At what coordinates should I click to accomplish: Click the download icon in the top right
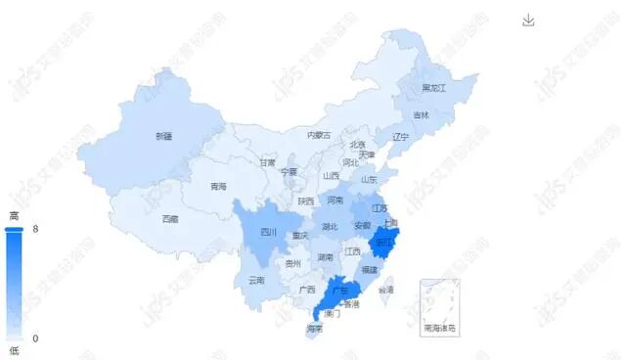[x=529, y=21]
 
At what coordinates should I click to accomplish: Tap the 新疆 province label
[x=164, y=137]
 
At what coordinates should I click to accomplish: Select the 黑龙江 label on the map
[x=433, y=88]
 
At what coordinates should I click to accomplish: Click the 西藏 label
[x=170, y=218]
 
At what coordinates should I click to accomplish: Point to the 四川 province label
[x=269, y=233]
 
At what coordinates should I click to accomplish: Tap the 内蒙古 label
[x=319, y=135]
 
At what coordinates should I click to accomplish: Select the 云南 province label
[x=256, y=280]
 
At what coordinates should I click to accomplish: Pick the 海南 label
[x=314, y=329]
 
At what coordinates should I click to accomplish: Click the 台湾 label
[x=386, y=290]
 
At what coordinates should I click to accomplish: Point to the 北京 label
[x=357, y=145]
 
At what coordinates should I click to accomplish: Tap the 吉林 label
[x=421, y=115]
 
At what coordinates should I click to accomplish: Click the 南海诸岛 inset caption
[x=439, y=329]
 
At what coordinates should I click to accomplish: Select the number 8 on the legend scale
[x=35, y=229]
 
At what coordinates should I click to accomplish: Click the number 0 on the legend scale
[x=35, y=338]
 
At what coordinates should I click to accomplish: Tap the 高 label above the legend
[x=14, y=214]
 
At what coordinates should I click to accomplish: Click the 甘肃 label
[x=267, y=163]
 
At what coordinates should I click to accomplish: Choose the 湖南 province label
[x=325, y=258]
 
